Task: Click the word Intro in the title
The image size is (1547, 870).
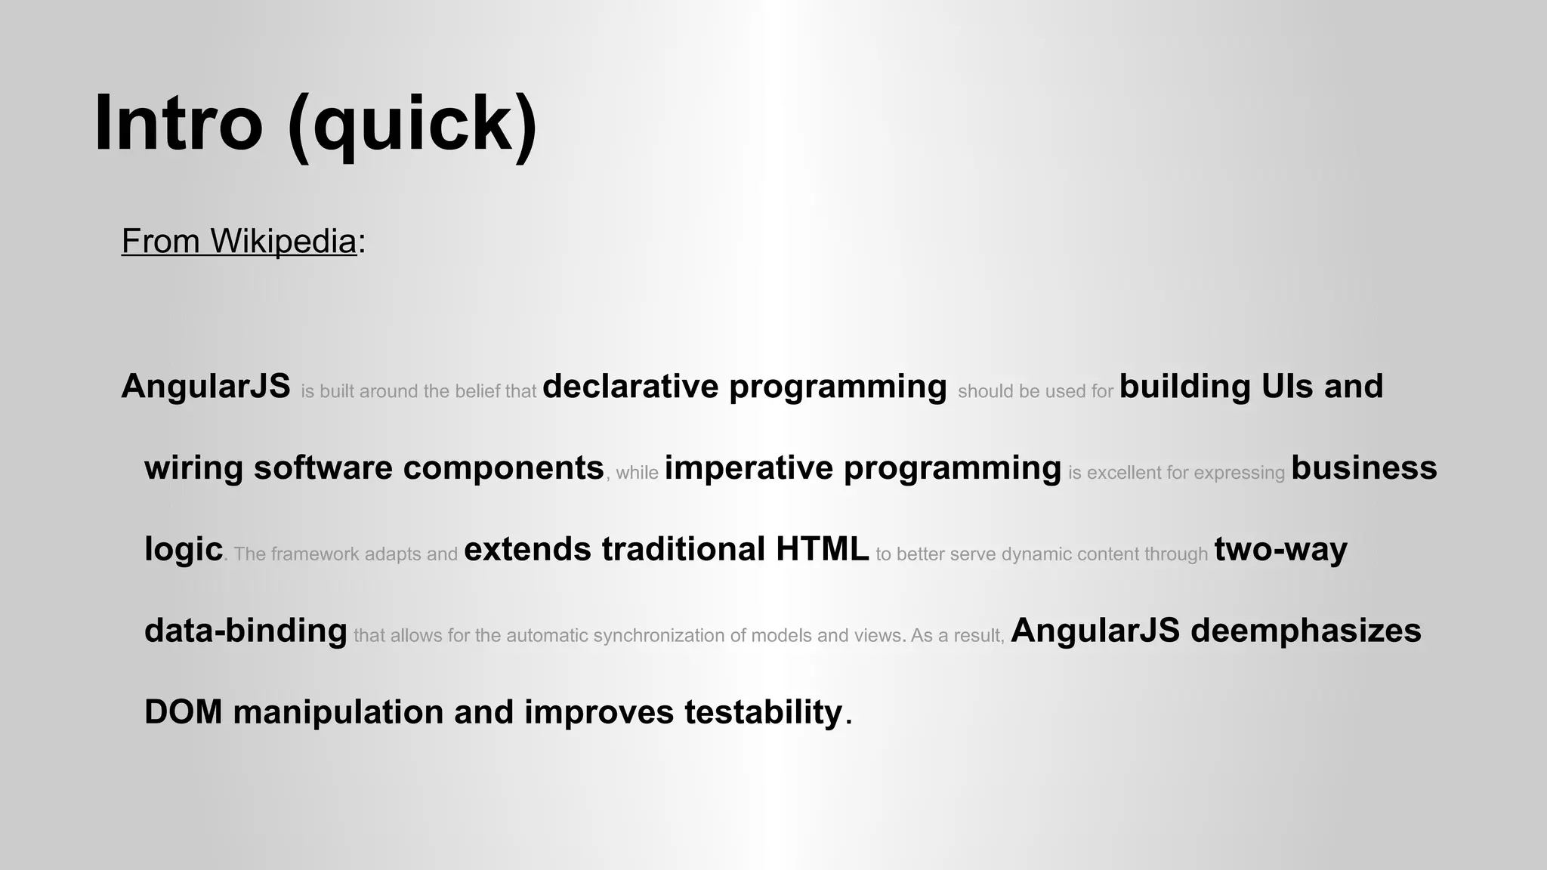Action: click(x=178, y=123)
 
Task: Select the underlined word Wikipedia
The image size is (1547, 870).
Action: click(x=283, y=241)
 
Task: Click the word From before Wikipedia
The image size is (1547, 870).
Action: click(x=160, y=241)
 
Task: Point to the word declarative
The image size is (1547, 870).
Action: click(x=630, y=386)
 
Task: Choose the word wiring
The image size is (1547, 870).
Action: click(x=193, y=468)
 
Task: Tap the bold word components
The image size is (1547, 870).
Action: click(x=503, y=467)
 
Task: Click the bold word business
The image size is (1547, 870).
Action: click(x=1363, y=467)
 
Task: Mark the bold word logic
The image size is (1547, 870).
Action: click(x=184, y=549)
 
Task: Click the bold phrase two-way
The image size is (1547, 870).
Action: click(x=1280, y=549)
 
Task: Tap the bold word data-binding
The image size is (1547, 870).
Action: click(x=245, y=631)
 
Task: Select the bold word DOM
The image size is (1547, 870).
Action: click(x=184, y=712)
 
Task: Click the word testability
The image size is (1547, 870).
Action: click(x=763, y=712)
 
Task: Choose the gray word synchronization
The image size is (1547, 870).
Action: click(x=658, y=636)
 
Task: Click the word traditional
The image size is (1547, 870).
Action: click(x=684, y=549)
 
